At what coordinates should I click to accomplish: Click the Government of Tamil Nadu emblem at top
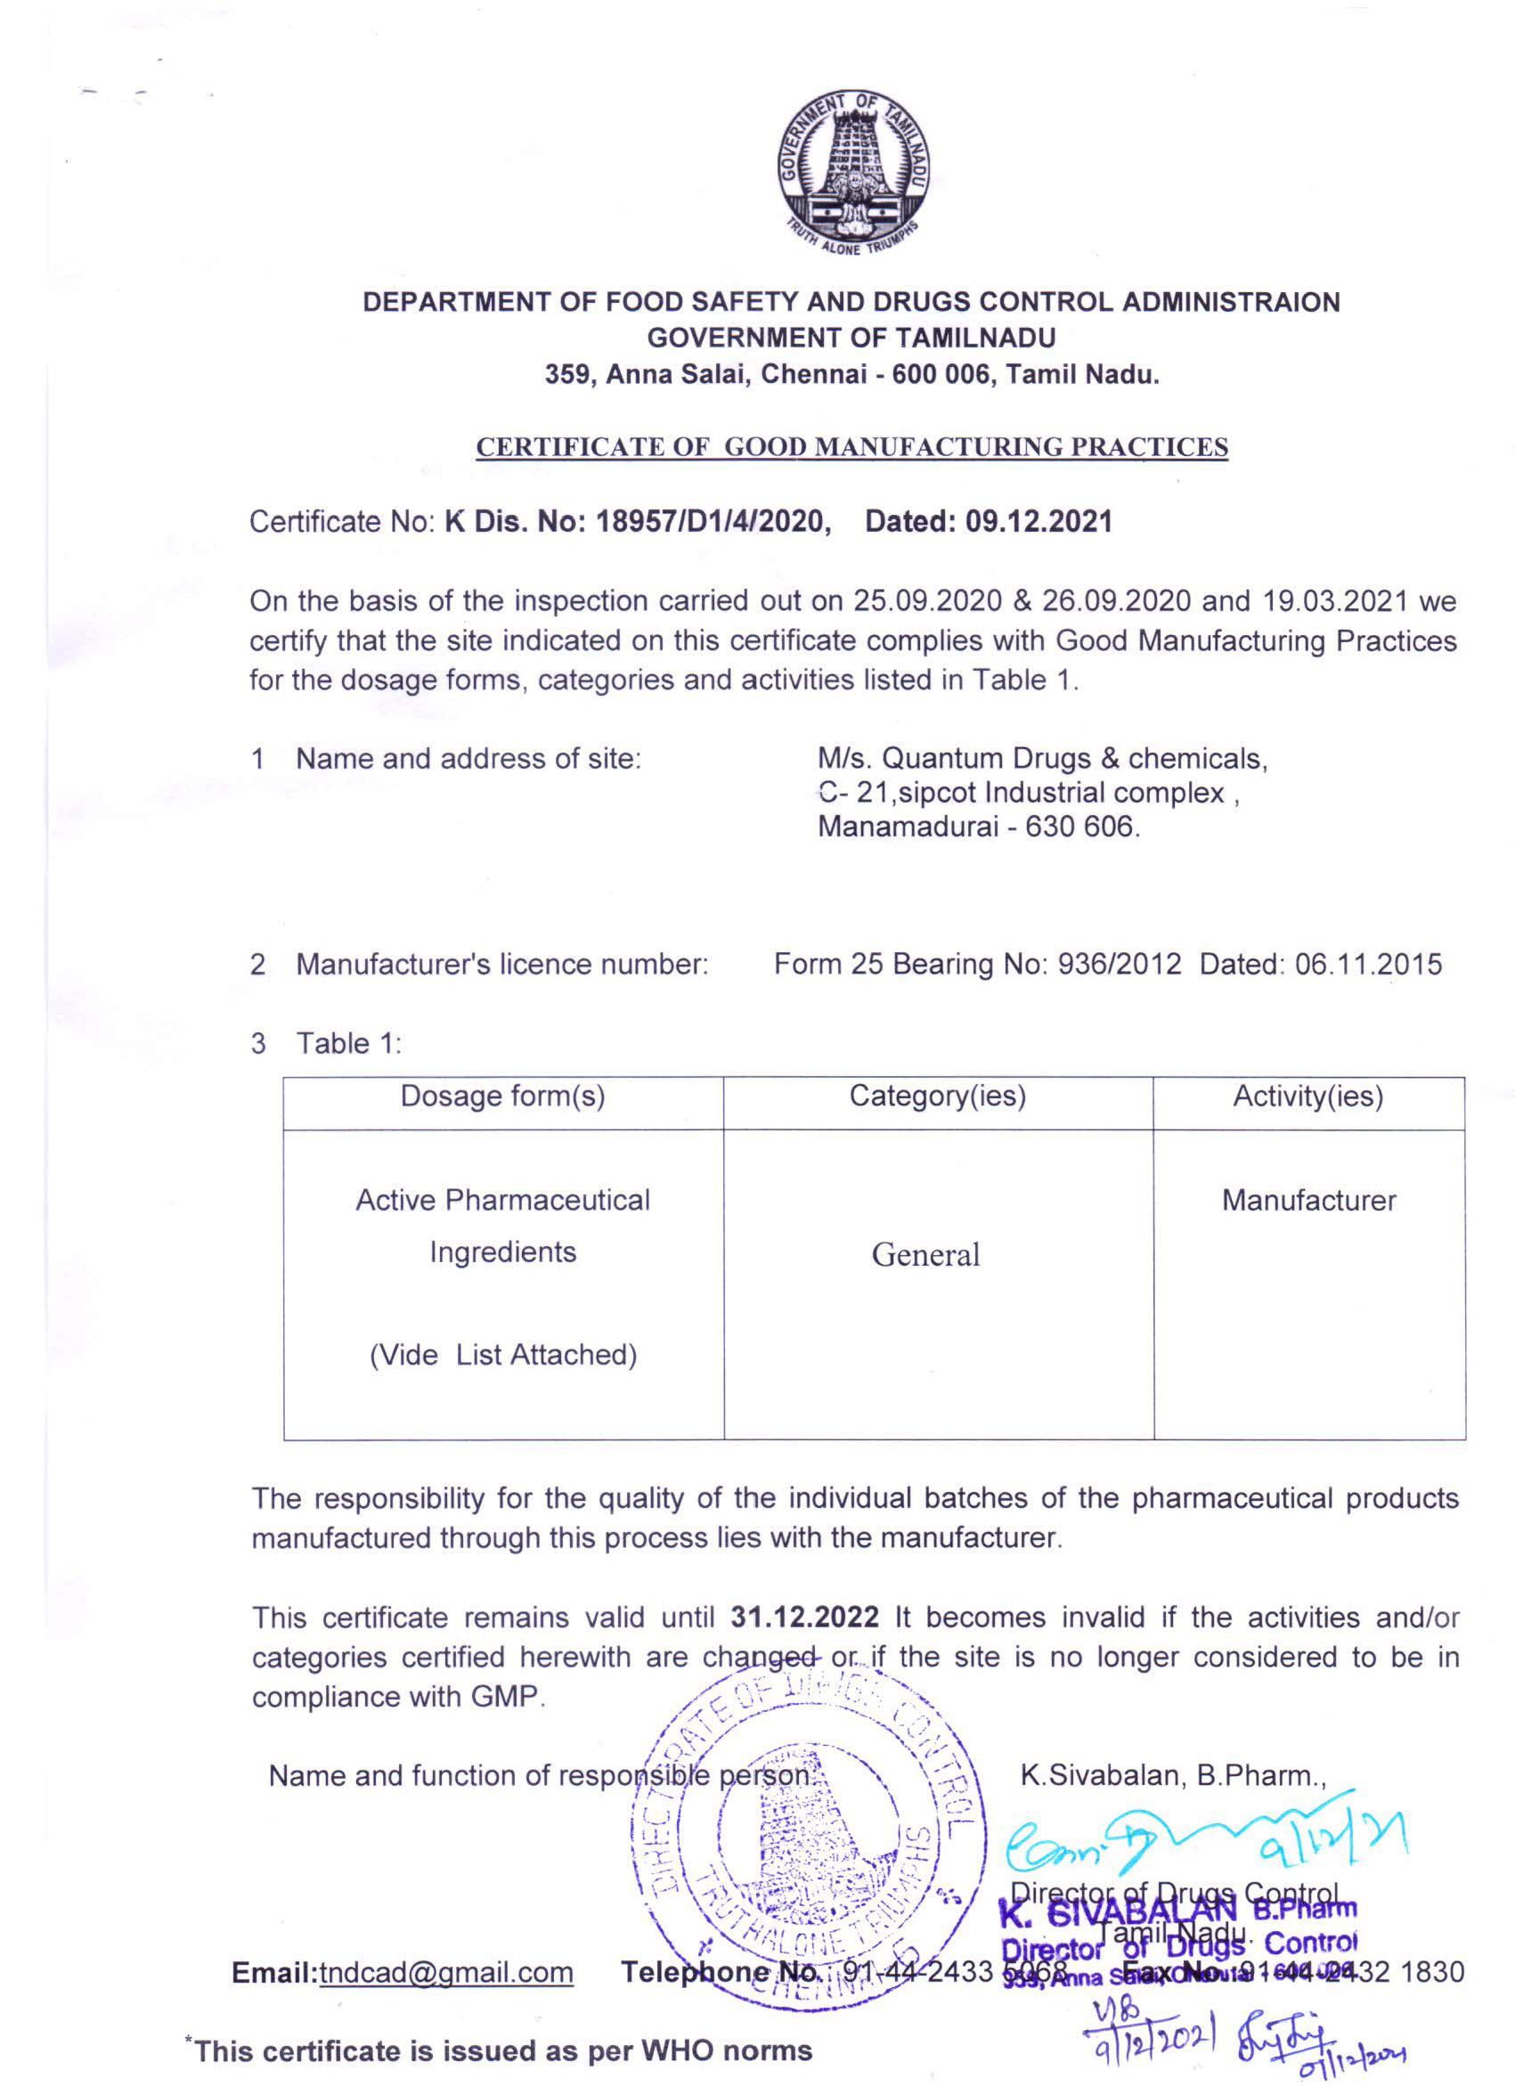click(851, 174)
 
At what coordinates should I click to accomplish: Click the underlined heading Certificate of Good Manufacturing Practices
click(851, 447)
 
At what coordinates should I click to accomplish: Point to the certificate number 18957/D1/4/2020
click(710, 522)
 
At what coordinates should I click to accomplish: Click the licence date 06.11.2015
click(1368, 964)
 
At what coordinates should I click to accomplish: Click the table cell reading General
click(925, 1255)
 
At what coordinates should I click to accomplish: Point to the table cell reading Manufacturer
click(1308, 1201)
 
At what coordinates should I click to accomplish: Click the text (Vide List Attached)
click(503, 1355)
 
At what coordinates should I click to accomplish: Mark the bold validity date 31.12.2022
click(804, 1617)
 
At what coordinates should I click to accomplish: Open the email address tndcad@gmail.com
click(446, 1972)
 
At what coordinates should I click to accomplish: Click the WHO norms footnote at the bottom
click(501, 2051)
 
